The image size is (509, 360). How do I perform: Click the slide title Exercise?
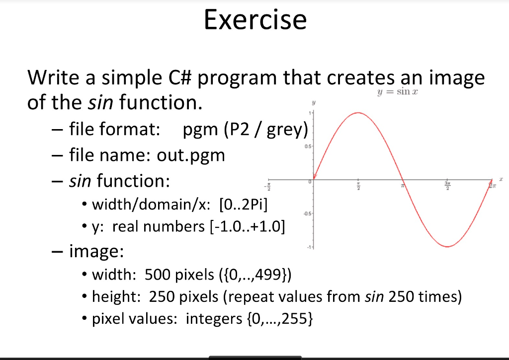click(255, 20)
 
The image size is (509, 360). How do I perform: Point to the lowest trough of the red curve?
click(448, 246)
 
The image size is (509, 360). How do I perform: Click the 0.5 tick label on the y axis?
click(309, 146)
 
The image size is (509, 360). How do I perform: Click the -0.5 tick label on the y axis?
click(308, 214)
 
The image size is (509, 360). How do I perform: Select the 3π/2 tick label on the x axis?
click(447, 186)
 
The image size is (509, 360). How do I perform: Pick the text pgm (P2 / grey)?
click(246, 130)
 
